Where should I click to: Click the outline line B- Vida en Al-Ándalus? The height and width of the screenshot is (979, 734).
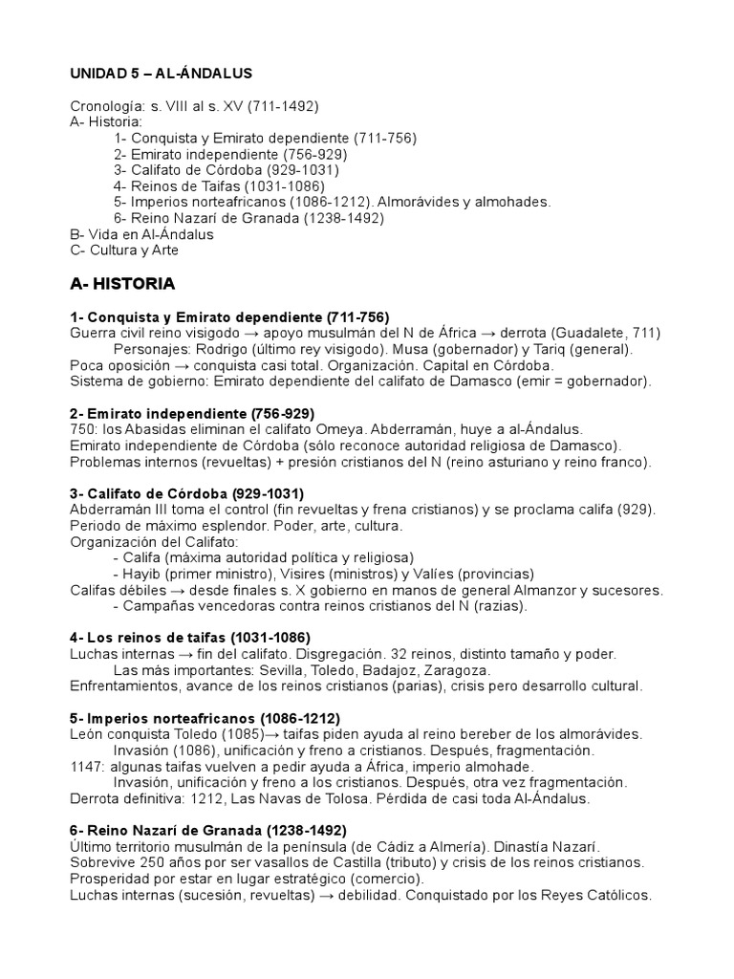pyautogui.click(x=142, y=234)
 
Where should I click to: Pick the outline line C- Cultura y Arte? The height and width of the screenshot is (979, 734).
pyautogui.click(x=124, y=250)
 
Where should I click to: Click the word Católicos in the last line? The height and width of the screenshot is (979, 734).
pyautogui.click(x=614, y=896)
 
